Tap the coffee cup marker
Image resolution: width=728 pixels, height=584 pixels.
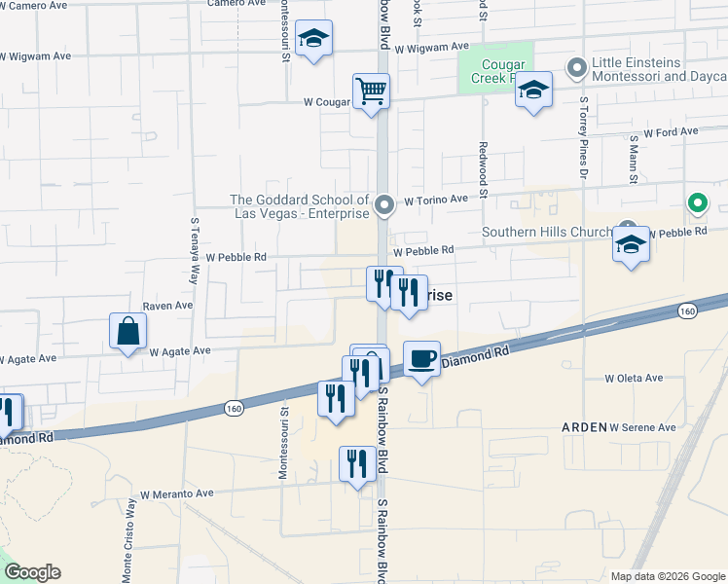click(421, 359)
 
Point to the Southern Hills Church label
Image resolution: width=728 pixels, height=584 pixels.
click(548, 232)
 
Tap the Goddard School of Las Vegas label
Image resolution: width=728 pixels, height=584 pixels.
click(300, 206)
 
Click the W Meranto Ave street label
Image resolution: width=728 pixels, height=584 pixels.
click(176, 493)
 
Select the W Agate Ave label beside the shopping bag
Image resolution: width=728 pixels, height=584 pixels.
click(180, 350)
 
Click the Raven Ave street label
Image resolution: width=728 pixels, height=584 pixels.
click(167, 305)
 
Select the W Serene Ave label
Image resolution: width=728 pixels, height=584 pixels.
click(642, 427)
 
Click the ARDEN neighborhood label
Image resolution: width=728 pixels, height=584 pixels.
click(584, 427)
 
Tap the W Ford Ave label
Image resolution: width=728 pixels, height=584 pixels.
click(671, 131)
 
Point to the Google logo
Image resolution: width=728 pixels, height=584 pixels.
click(32, 572)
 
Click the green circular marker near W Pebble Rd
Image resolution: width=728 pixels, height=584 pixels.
click(697, 203)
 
